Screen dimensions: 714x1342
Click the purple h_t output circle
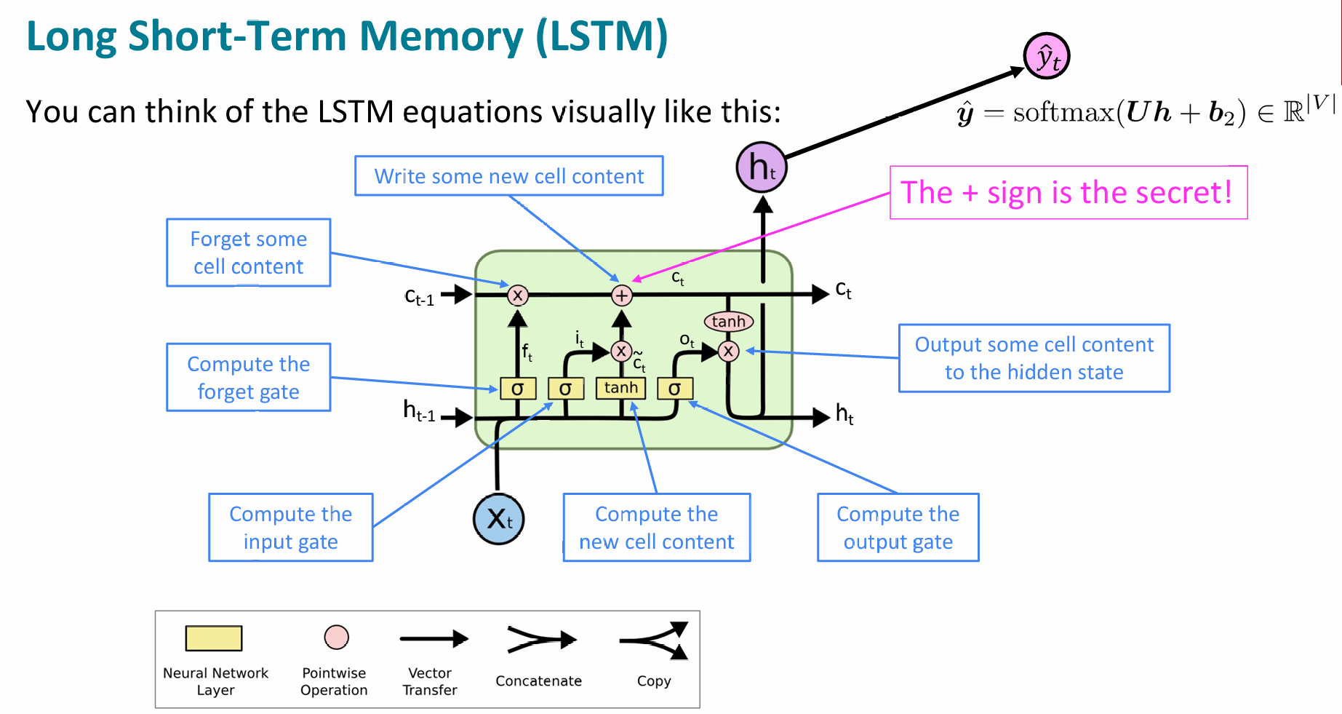[x=762, y=167]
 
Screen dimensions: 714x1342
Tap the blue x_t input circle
[x=498, y=519]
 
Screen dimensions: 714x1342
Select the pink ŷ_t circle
[x=1047, y=56]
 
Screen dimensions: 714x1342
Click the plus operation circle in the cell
[x=621, y=295]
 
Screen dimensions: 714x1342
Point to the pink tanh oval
[x=728, y=321]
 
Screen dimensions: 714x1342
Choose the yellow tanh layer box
[x=620, y=389]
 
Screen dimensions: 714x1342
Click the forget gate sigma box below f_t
[x=518, y=389]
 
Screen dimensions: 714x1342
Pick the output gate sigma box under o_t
[x=675, y=389]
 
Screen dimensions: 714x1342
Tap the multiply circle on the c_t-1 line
[x=517, y=295]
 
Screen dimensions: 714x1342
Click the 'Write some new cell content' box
[x=508, y=176]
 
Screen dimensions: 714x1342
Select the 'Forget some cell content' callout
[x=248, y=253]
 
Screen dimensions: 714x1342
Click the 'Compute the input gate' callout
[x=290, y=528]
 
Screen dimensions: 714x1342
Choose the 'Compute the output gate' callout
[x=898, y=528]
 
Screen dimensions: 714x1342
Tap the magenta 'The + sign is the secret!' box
[x=1068, y=193]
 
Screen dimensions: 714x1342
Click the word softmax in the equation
[x=1063, y=113]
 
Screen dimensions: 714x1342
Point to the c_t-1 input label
[x=420, y=297]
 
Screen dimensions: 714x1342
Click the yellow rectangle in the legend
[x=214, y=638]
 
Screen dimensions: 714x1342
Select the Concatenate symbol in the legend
[x=540, y=640]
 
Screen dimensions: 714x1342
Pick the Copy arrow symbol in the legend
[x=655, y=640]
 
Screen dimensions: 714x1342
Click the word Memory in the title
[x=441, y=36]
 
